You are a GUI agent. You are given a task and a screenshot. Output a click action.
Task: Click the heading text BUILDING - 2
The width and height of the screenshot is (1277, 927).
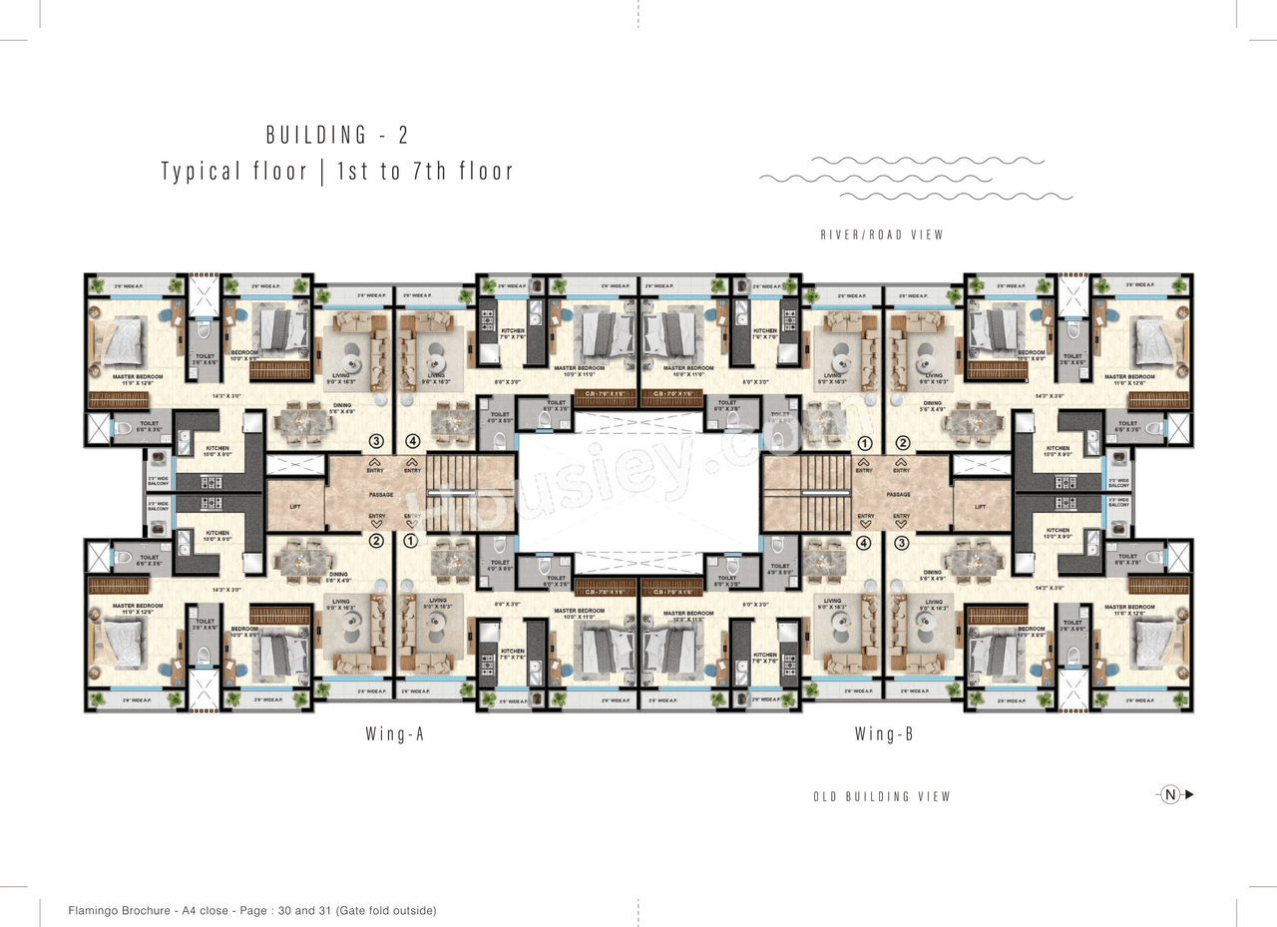coord(337,135)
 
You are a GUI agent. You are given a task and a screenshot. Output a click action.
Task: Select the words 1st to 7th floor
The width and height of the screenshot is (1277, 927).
coord(425,172)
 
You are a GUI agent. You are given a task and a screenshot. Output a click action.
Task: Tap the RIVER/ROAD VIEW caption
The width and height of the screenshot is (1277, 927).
coord(881,235)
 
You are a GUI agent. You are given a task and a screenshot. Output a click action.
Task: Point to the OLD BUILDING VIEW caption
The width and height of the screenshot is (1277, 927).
coord(882,796)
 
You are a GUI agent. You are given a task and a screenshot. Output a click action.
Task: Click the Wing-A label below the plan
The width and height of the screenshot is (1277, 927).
coord(395,734)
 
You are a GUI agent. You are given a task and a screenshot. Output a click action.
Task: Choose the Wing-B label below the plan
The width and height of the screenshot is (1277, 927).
coord(883,734)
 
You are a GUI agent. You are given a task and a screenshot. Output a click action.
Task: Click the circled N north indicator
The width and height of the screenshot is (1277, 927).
coord(1170,795)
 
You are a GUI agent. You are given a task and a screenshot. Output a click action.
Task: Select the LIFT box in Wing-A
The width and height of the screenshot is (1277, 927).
coord(295,506)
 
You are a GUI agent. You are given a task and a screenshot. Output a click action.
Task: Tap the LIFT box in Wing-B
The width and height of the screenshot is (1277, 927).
coord(982,506)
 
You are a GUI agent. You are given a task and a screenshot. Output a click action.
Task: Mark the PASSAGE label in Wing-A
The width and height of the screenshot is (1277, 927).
coord(380,494)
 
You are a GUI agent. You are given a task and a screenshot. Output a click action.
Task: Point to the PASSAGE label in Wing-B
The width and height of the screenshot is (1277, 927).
coord(898,494)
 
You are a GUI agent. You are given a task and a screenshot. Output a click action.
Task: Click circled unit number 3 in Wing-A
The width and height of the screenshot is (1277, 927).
coord(376,440)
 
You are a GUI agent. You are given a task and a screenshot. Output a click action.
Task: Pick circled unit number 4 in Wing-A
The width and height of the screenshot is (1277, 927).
coord(413,440)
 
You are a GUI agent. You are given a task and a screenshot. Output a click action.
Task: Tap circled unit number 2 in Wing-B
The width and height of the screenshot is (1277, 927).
coord(902,442)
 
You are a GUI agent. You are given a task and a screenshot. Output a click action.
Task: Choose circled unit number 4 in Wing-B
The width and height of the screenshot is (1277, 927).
coord(864,543)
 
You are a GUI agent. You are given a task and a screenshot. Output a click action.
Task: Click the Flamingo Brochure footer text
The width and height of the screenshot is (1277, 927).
coord(252,910)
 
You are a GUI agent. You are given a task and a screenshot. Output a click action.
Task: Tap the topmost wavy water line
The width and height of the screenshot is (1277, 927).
coord(928,160)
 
